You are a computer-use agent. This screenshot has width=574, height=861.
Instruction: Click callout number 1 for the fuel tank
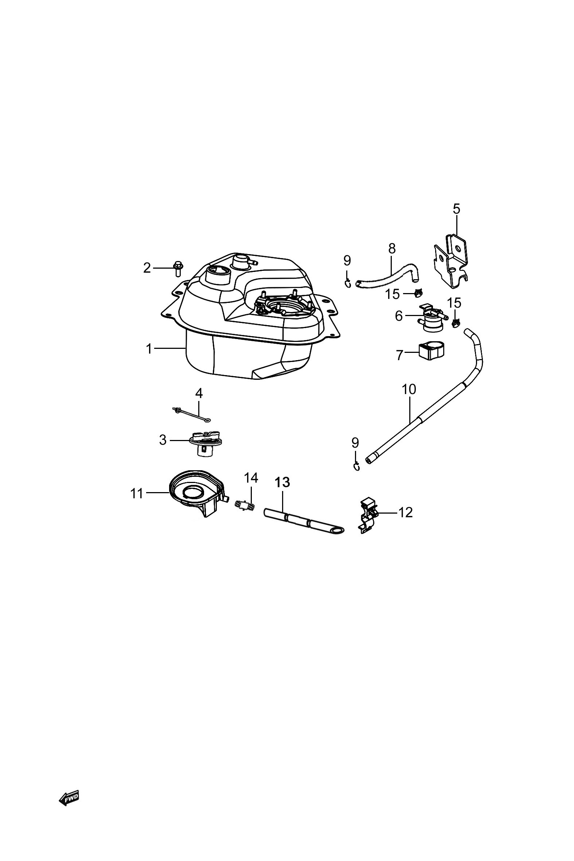[149, 349]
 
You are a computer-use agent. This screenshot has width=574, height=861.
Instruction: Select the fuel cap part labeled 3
[207, 444]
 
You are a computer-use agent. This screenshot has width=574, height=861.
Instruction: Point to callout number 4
[199, 394]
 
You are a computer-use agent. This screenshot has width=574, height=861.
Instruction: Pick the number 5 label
[457, 209]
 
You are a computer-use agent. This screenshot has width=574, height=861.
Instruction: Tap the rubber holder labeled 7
[429, 352]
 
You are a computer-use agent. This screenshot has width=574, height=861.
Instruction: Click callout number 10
[409, 389]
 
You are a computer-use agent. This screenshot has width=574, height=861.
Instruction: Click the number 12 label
[406, 513]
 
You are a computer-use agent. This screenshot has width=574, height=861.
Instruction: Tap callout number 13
[282, 483]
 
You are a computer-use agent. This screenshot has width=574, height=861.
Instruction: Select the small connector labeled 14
[245, 506]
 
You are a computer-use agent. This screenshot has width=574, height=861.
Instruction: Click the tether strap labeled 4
[193, 415]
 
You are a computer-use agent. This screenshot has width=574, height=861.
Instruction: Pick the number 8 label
[392, 249]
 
